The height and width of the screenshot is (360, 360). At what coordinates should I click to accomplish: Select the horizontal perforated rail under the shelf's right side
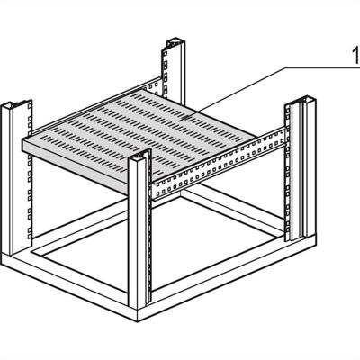225,166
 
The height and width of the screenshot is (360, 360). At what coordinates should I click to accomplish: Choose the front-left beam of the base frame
72,297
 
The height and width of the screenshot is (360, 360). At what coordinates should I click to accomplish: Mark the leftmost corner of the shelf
22,144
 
